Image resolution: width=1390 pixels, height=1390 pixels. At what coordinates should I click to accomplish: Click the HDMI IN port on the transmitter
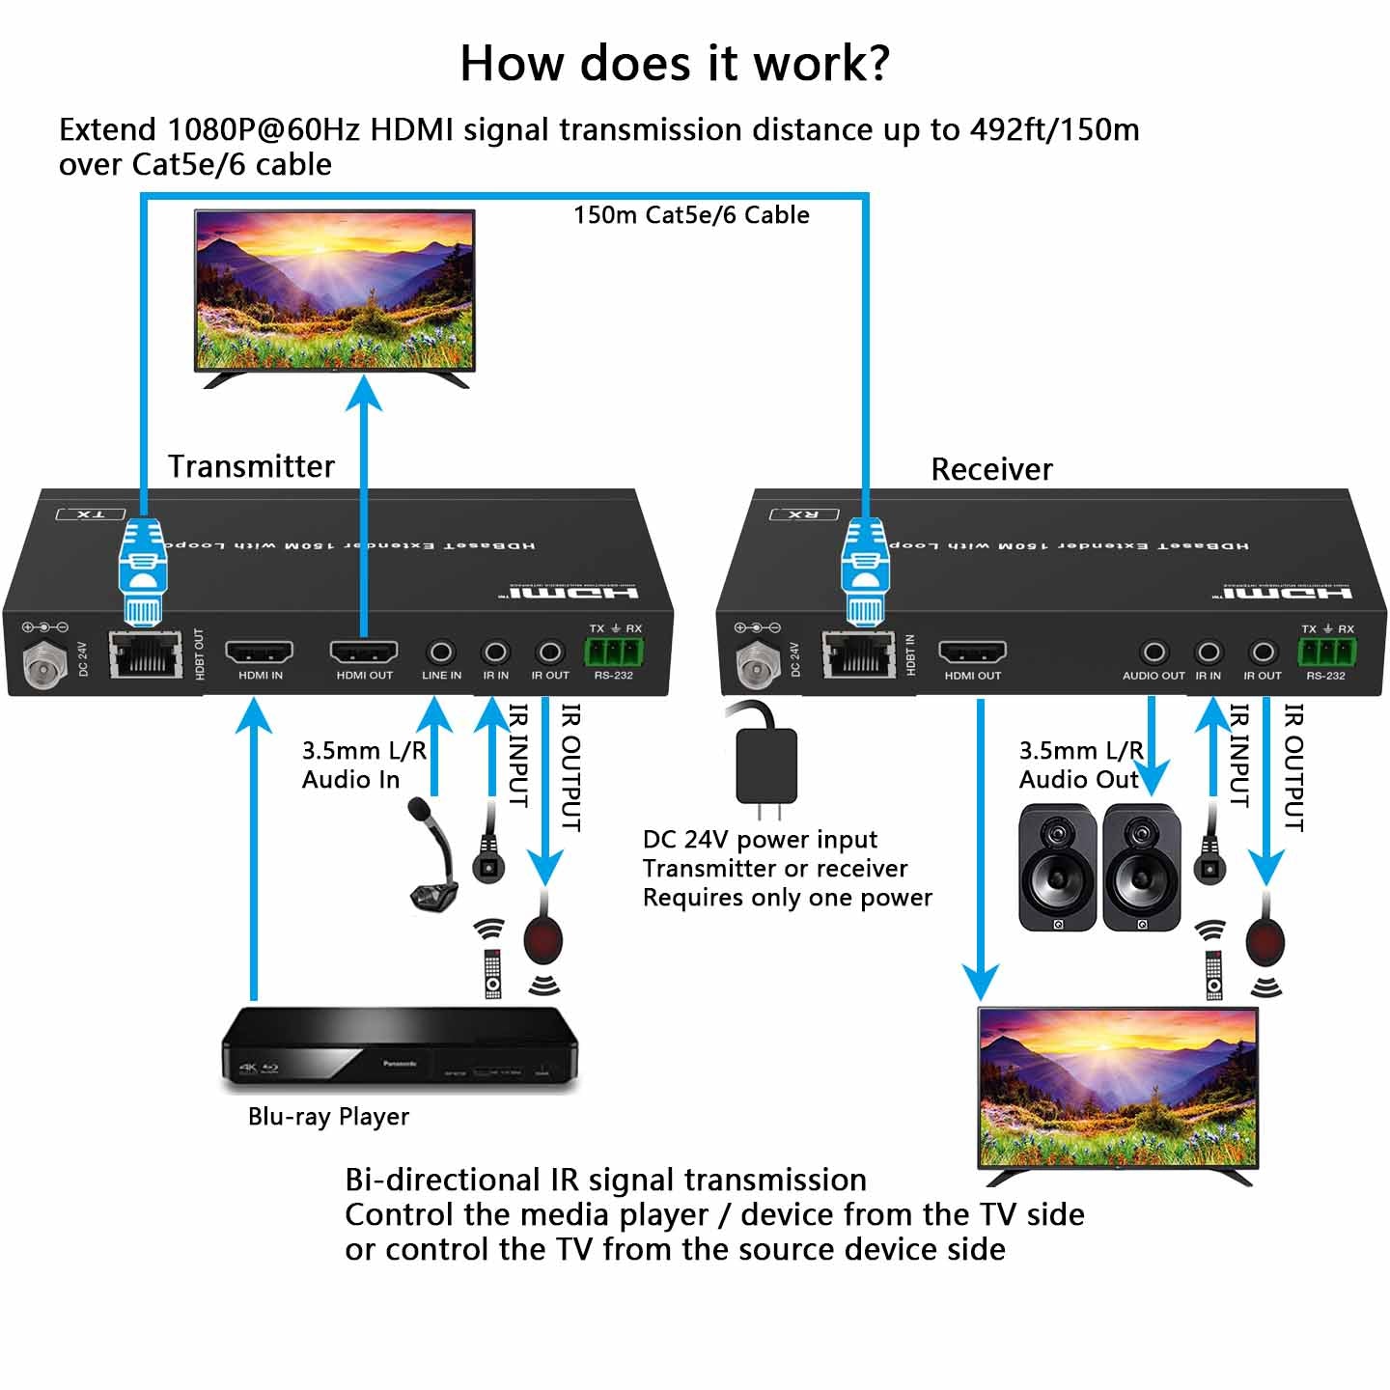[x=260, y=652]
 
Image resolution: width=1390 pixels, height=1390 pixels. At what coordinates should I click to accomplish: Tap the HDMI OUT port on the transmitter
[x=364, y=652]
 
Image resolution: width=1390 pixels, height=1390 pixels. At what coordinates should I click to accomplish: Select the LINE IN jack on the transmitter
[x=441, y=653]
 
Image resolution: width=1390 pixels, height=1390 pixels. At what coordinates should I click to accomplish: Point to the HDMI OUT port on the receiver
[x=972, y=653]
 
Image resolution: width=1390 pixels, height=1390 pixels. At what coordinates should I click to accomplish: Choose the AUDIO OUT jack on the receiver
[x=1154, y=653]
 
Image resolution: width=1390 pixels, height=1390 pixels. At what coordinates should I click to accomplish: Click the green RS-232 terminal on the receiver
[x=1326, y=652]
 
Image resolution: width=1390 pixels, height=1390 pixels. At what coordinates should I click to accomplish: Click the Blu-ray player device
[x=399, y=1049]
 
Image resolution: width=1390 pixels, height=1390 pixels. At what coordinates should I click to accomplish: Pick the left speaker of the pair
[x=1057, y=869]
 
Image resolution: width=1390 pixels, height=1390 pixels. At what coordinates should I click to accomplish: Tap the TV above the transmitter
[x=335, y=292]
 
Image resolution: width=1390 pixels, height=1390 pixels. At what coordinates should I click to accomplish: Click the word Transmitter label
[x=251, y=466]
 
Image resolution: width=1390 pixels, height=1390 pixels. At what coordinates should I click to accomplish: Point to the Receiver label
[x=991, y=469]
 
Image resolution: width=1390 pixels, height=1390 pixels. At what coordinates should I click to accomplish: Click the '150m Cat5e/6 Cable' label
[x=691, y=214]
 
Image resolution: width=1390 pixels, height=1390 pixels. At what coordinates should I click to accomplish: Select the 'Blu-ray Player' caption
[x=328, y=1117]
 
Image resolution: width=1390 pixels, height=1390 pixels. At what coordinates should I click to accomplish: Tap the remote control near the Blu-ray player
[x=492, y=973]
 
